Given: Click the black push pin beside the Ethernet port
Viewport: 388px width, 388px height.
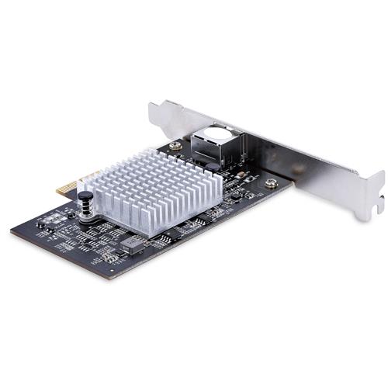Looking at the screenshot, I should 210,164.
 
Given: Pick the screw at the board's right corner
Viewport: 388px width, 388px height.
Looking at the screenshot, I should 270,184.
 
